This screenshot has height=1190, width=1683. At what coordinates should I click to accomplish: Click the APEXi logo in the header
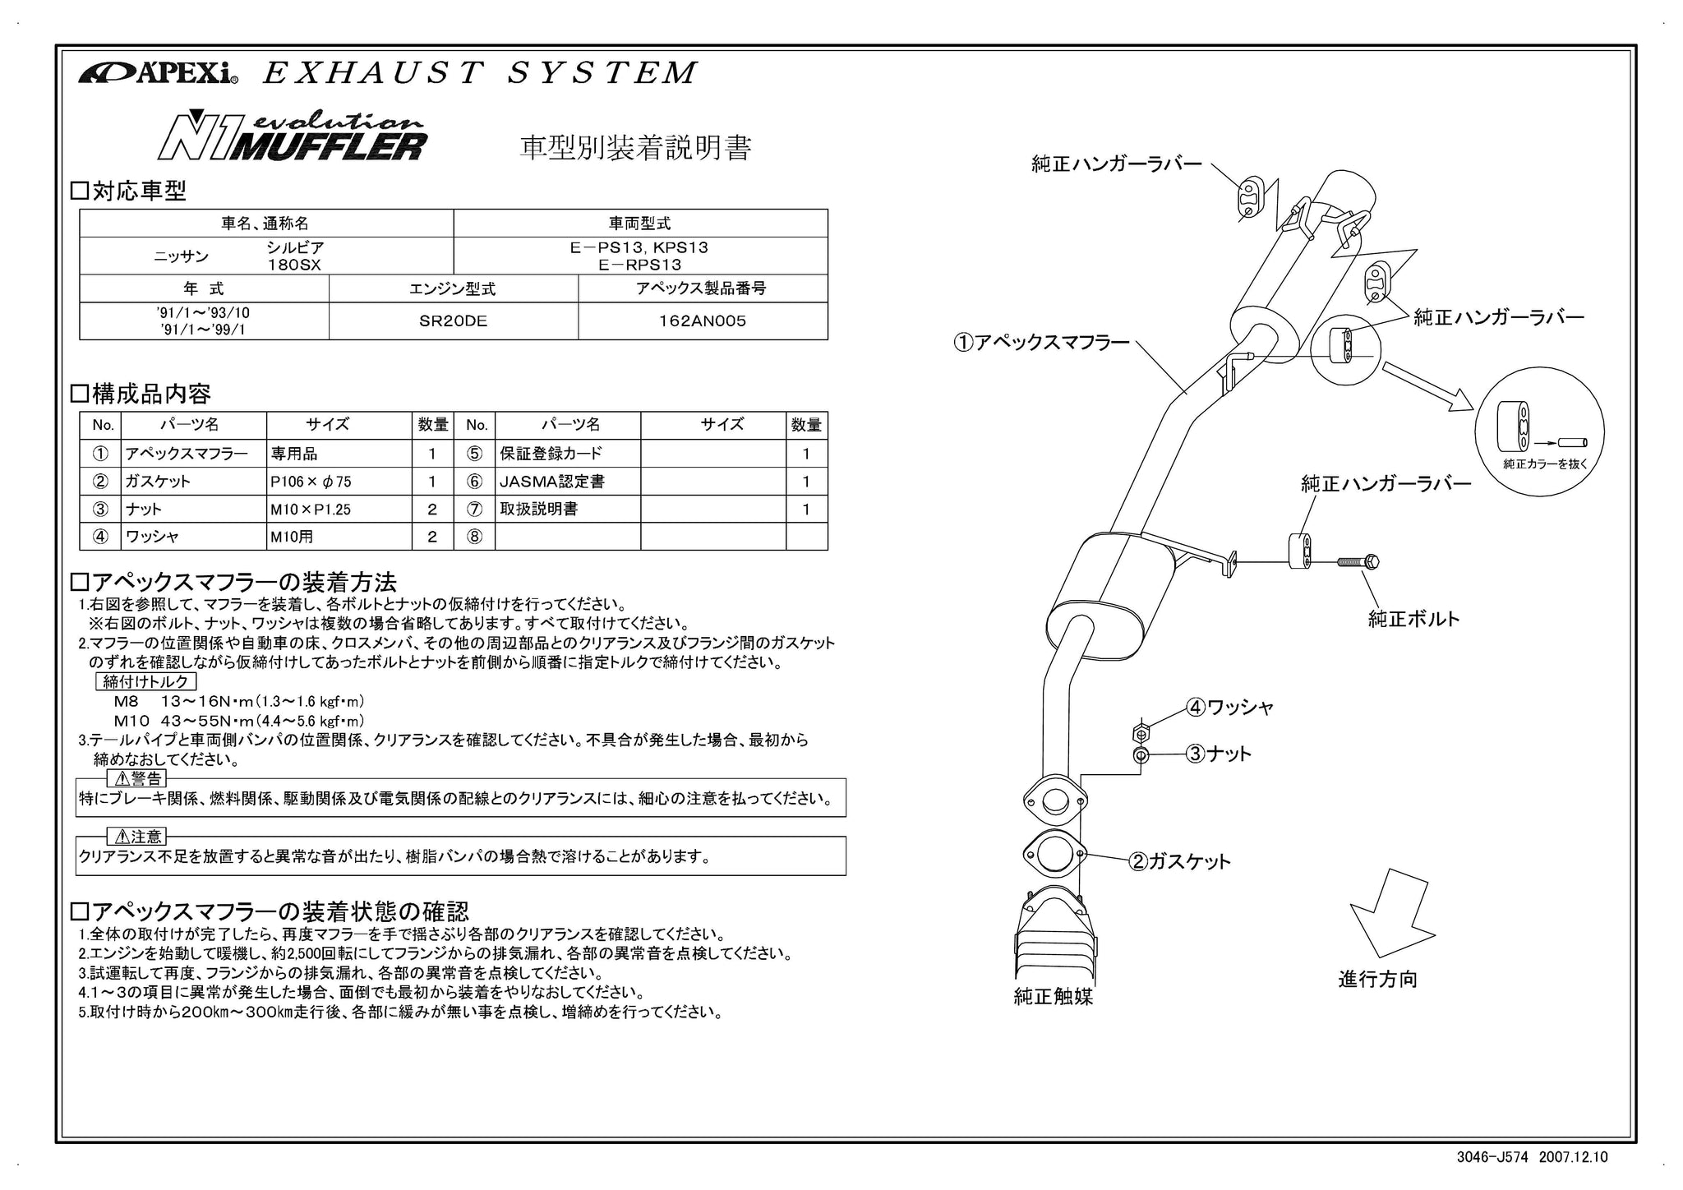pos(158,73)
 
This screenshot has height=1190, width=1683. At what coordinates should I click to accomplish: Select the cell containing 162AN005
pos(702,321)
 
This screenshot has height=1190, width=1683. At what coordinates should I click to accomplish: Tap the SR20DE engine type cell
pos(453,321)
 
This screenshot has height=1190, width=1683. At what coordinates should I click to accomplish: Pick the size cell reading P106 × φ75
pos(338,482)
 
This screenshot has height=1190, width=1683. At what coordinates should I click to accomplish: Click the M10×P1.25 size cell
pos(338,510)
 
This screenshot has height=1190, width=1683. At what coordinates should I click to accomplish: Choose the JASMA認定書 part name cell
pos(567,482)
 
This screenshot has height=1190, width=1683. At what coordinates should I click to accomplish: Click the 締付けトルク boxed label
pos(146,681)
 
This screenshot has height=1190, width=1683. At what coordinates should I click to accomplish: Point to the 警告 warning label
pos(137,778)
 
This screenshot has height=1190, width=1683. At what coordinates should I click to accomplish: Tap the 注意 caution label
pos(137,837)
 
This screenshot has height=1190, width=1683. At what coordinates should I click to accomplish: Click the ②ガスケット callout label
pos(1180,861)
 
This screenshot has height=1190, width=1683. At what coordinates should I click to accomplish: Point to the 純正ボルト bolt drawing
pos(1358,562)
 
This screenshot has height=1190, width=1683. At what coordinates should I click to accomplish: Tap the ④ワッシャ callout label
pos(1229,707)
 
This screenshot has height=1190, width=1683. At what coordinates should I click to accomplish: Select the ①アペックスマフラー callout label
pos(1041,343)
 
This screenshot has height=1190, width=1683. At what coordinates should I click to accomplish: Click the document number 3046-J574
pos(1492,1158)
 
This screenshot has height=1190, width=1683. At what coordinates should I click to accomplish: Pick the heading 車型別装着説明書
pos(635,148)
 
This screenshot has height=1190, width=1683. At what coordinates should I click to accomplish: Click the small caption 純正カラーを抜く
pos(1545,464)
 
